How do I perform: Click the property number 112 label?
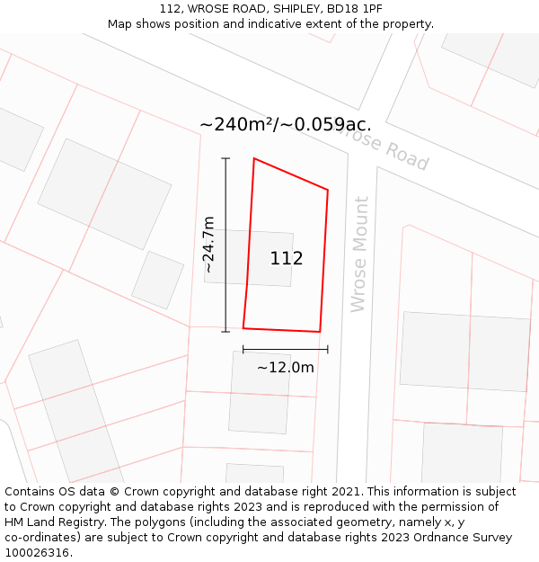point(287,259)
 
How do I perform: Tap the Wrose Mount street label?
point(359,254)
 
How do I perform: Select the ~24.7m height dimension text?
point(208,245)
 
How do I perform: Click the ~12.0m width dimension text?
point(286,367)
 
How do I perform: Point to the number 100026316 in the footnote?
point(37,552)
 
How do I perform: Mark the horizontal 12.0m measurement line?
point(285,349)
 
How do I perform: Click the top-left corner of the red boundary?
point(254,159)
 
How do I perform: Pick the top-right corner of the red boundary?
point(328,190)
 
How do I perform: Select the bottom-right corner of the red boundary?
point(320,332)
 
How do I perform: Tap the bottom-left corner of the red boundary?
point(243,327)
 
